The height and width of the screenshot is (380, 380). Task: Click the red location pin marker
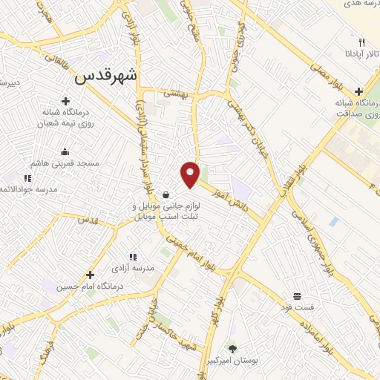[191, 174]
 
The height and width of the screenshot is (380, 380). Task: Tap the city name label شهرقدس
[108, 75]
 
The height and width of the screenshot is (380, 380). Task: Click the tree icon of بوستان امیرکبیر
[233, 348]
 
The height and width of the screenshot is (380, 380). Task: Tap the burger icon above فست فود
[297, 295]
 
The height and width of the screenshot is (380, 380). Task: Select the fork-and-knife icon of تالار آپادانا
[361, 42]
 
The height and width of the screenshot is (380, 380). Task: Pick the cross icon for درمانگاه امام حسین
[91, 275]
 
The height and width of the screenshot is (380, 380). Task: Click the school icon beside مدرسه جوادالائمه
[27, 178]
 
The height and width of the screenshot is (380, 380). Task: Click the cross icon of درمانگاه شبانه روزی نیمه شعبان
[65, 101]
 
